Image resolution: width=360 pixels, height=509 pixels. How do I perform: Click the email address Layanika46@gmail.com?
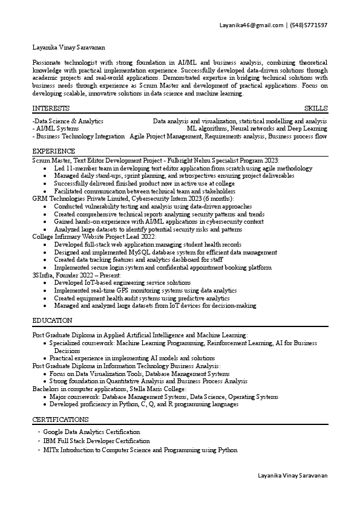[x=252, y=25]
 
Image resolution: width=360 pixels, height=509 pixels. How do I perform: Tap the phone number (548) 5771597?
[x=309, y=25]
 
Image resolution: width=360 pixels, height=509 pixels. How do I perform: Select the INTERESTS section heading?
[x=50, y=108]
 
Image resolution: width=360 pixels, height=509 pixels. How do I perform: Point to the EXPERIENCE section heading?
[x=54, y=151]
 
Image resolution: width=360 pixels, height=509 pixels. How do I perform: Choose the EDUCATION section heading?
[x=52, y=320]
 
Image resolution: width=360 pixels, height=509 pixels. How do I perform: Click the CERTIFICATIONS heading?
[x=61, y=420]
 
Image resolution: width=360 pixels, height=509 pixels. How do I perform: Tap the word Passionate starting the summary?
[x=48, y=63]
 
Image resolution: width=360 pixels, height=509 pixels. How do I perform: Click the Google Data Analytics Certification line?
[x=91, y=432]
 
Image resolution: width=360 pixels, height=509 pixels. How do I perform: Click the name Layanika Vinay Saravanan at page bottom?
[x=292, y=476]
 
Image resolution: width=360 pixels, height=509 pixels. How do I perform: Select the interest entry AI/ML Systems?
[x=57, y=129]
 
